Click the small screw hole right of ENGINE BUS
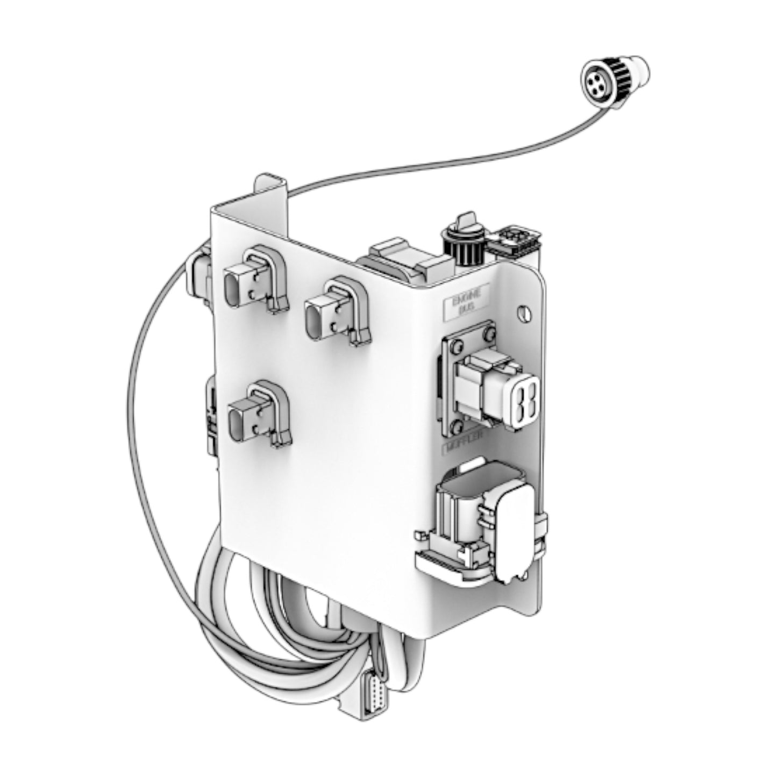click(x=524, y=312)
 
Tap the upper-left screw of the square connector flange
click(x=457, y=345)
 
